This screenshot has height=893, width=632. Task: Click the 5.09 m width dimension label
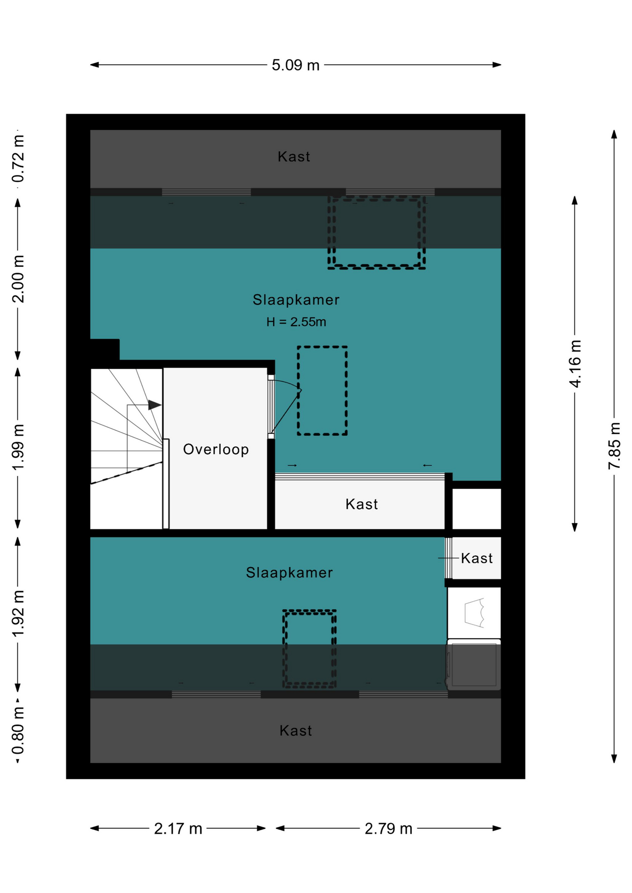[x=296, y=65]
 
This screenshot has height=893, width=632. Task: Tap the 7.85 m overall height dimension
[x=614, y=446]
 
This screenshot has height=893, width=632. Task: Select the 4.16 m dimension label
[x=575, y=364]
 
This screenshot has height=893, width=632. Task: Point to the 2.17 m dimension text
[x=178, y=828]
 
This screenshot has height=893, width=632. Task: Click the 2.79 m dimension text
[x=388, y=828]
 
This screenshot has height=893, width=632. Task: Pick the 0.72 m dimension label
[x=18, y=159]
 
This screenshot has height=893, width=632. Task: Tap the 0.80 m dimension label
[x=18, y=730]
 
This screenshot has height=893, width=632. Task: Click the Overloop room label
[x=216, y=449]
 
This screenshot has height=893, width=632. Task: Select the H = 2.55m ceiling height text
[x=296, y=322]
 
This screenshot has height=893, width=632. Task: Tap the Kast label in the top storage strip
[x=294, y=157]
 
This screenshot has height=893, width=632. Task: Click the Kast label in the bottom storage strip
[x=296, y=731]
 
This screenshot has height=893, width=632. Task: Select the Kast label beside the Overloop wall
[x=362, y=504]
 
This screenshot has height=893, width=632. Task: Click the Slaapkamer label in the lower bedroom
[x=289, y=573]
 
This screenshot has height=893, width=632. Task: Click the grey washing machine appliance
[x=474, y=665]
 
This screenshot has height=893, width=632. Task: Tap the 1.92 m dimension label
[x=18, y=613]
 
